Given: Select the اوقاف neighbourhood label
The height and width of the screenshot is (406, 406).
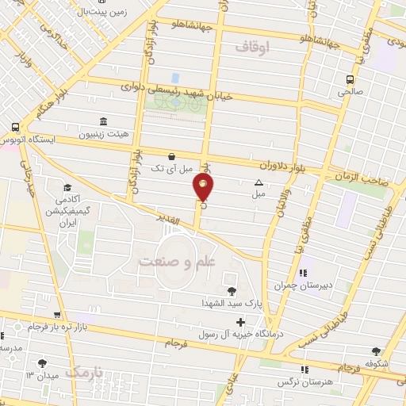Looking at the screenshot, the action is coord(254,48).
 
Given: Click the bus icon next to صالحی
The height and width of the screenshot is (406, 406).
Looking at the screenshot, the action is coord(350,79).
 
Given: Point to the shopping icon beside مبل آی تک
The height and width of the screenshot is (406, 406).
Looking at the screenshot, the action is coord(172,157).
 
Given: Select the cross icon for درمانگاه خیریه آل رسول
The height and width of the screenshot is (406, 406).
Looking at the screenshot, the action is coord(240,323).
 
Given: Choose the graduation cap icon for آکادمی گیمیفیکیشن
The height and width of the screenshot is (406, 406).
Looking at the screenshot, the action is coord(67,188).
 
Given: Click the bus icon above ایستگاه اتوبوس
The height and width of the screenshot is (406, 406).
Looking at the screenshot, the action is coord(16,127).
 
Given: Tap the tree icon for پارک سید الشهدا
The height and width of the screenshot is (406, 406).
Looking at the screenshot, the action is coord(231,291).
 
